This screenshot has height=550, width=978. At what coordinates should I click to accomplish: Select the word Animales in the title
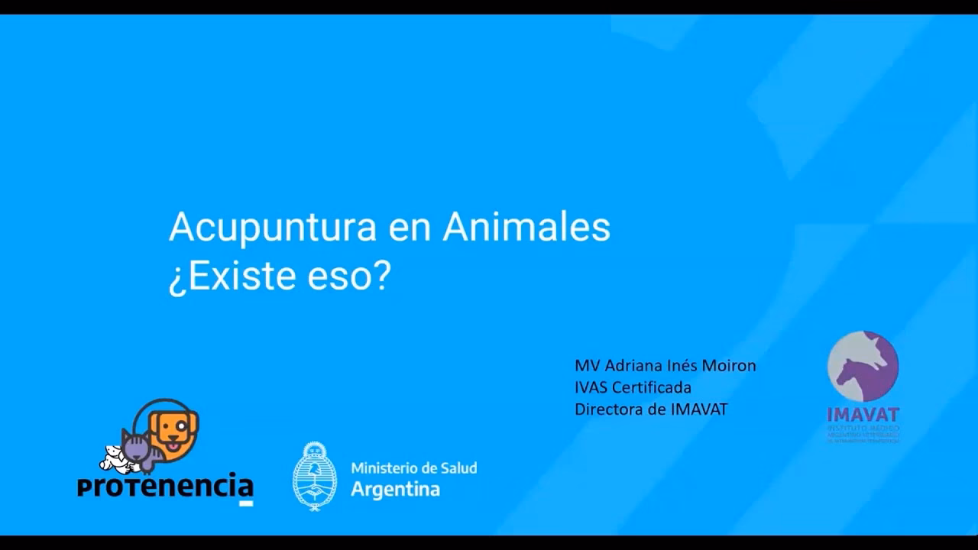[x=526, y=227]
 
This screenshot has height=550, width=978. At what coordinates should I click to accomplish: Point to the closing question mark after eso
[x=381, y=276]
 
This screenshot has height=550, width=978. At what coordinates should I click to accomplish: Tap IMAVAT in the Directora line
[x=699, y=409]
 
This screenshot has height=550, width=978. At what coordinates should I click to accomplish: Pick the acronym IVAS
[x=591, y=387]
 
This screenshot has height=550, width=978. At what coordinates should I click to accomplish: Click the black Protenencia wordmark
[x=165, y=486]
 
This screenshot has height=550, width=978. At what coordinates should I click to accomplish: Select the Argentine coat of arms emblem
[x=315, y=476]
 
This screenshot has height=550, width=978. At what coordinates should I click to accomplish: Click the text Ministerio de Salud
[x=413, y=467]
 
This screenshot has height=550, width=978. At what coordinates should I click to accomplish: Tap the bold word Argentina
[x=395, y=490]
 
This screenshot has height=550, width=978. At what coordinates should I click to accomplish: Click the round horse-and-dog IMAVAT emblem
[x=863, y=367]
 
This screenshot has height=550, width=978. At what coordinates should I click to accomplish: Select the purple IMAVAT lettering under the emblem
[x=863, y=415]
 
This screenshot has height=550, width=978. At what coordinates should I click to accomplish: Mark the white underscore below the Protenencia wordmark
[x=246, y=503]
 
